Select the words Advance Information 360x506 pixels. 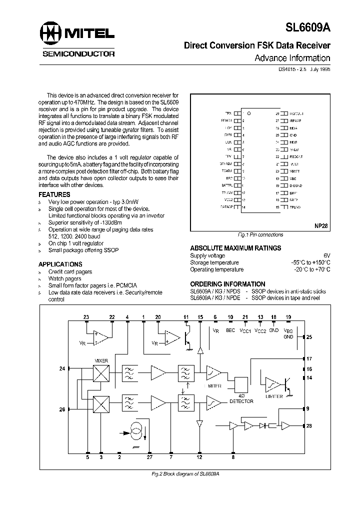click(x=292, y=58)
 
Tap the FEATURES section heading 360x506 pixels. click(x=54, y=194)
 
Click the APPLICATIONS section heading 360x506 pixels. click(x=60, y=264)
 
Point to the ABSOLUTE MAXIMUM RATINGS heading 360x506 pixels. click(x=235, y=248)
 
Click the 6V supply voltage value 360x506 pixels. click(x=327, y=255)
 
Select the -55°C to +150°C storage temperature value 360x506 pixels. click(x=310, y=262)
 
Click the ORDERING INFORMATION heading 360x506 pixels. click(x=227, y=284)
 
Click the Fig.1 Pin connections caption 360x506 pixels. click(x=260, y=234)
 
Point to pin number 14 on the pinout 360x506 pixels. click(x=243, y=206)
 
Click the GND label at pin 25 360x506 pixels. click(x=293, y=135)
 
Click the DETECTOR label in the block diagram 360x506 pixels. click(x=241, y=401)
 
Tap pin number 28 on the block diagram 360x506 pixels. click(x=308, y=425)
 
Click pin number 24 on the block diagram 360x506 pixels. click(x=62, y=369)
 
